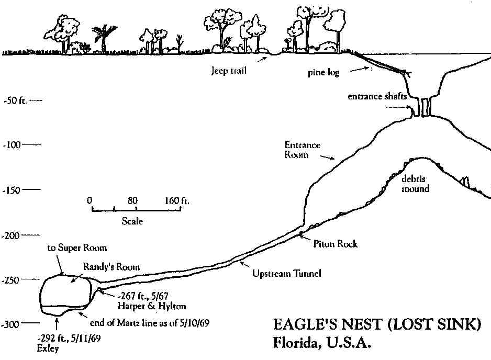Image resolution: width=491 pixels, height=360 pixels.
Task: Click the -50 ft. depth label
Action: [x=14, y=100]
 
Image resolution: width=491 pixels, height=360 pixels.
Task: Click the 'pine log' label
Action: [x=323, y=73]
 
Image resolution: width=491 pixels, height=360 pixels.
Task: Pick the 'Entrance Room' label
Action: [x=302, y=149]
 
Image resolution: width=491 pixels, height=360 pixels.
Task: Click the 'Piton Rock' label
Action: [x=335, y=244]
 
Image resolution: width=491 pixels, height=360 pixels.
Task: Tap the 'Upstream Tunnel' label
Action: [x=278, y=273]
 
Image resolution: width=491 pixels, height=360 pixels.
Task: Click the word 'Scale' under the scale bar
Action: [x=132, y=221]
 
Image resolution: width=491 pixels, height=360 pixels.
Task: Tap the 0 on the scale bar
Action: [x=90, y=200]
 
